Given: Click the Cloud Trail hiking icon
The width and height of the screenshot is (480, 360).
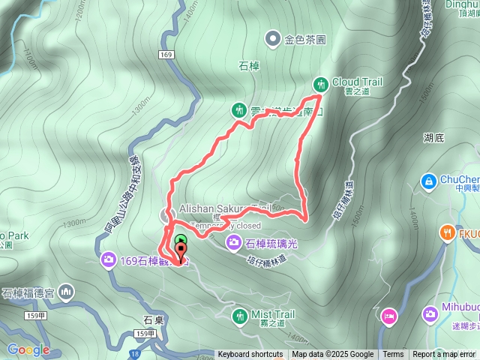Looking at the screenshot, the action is tap(321, 83).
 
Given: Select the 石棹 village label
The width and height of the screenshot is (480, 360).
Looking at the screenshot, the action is tap(248, 67).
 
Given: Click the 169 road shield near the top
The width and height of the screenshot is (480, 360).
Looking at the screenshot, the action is tap(166, 55).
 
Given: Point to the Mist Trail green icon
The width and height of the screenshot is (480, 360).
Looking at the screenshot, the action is tap(239, 316).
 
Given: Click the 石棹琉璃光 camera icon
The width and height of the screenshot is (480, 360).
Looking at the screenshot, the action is tap(233, 242).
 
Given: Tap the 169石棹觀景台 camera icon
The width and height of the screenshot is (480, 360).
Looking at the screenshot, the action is tap(109, 260).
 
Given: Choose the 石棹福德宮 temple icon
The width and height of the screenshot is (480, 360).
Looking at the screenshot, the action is tap(66, 290).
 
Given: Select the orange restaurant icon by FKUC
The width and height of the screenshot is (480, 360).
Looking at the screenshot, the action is tap(448, 232).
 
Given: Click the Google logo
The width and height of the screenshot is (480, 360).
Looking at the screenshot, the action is tap(28, 349).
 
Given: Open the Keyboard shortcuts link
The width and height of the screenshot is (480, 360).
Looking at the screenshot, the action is tap(250, 355).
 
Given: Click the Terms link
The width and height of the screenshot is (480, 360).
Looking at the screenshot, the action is tap(393, 355).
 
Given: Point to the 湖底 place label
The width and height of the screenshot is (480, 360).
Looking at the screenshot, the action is tap(433, 138).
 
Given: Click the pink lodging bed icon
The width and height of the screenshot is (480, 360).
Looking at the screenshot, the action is tap(389, 315).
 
